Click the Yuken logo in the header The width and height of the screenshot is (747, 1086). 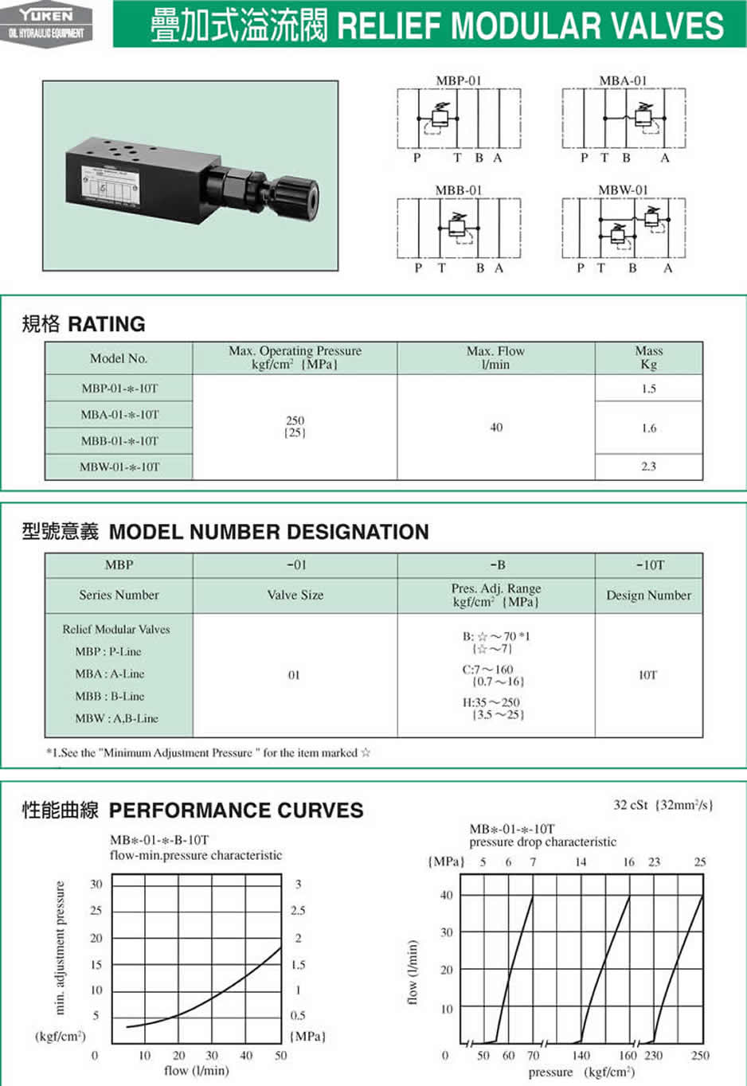coord(46,23)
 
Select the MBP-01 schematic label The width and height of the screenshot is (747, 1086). coord(459,80)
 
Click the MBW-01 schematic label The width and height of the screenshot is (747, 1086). coord(624,190)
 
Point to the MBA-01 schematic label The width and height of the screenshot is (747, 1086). coord(624,80)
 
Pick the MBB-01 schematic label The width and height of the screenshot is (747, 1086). coord(459,190)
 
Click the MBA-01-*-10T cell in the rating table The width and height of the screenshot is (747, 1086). coord(119,415)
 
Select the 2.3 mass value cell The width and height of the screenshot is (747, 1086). coord(648,467)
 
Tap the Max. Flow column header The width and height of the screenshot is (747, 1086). coord(495,357)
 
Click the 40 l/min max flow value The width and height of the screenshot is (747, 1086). coord(496,428)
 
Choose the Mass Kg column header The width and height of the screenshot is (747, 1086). coord(648,357)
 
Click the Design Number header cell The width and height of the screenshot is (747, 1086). coord(648,595)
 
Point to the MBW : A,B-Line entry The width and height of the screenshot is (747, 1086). coord(116,718)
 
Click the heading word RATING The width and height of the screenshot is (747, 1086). coord(107,324)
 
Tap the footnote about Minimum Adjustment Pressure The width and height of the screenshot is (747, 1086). coord(208,752)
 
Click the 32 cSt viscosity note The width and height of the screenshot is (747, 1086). coord(663,805)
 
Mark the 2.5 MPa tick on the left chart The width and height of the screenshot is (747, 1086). coord(298,910)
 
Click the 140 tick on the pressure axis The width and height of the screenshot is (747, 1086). coord(581,1055)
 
